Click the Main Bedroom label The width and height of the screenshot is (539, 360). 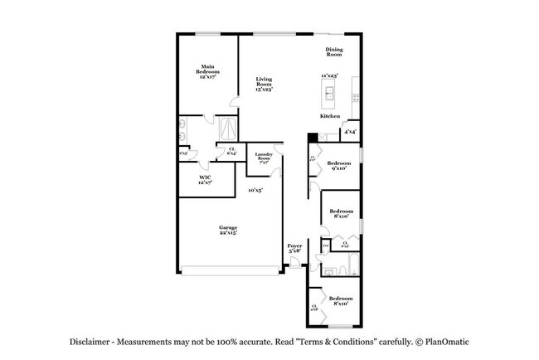(206, 71)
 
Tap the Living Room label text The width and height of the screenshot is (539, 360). (264, 84)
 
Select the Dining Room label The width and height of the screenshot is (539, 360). (333, 51)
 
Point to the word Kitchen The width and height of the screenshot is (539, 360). (330, 117)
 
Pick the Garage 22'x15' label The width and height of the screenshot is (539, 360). (228, 230)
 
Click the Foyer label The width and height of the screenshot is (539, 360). (294, 248)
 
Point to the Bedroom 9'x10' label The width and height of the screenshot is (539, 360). (338, 166)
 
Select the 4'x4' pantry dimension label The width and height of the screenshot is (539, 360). (351, 132)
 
